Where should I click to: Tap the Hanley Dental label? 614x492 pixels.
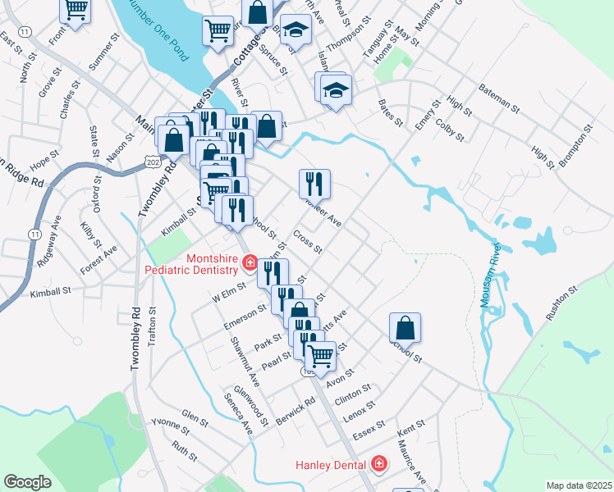332,465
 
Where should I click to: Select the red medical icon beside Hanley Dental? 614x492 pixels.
379,465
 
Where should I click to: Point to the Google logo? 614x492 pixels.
28,482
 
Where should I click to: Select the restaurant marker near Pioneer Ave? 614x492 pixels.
314,183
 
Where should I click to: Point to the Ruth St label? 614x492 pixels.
186,450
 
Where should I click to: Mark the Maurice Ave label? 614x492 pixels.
413,462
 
